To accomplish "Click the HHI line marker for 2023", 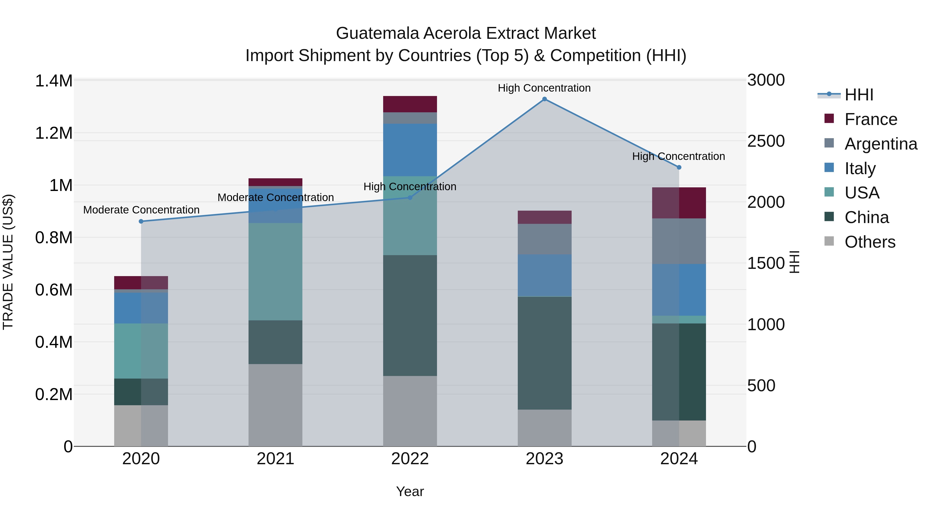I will click(x=544, y=99).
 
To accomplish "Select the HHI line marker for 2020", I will click(x=141, y=221).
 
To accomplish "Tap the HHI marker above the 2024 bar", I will click(x=679, y=167).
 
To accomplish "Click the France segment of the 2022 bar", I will click(x=410, y=104).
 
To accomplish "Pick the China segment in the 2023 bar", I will click(x=544, y=353).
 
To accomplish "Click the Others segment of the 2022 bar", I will click(x=410, y=411).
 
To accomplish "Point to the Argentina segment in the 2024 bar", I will click(x=679, y=241).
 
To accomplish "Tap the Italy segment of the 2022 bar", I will click(x=410, y=150).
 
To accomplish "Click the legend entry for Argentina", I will click(x=881, y=144).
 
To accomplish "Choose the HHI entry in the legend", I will click(x=859, y=95).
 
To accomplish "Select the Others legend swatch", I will click(x=829, y=241).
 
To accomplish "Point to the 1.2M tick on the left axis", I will click(x=54, y=133).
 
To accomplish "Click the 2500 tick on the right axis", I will click(x=766, y=141).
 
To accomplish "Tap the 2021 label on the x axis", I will click(x=275, y=459).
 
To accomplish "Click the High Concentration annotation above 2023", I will click(x=544, y=88).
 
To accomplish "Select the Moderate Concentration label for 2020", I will click(x=141, y=210).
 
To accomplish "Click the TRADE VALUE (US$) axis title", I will click(x=8, y=262).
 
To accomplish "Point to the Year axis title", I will click(x=410, y=491).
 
